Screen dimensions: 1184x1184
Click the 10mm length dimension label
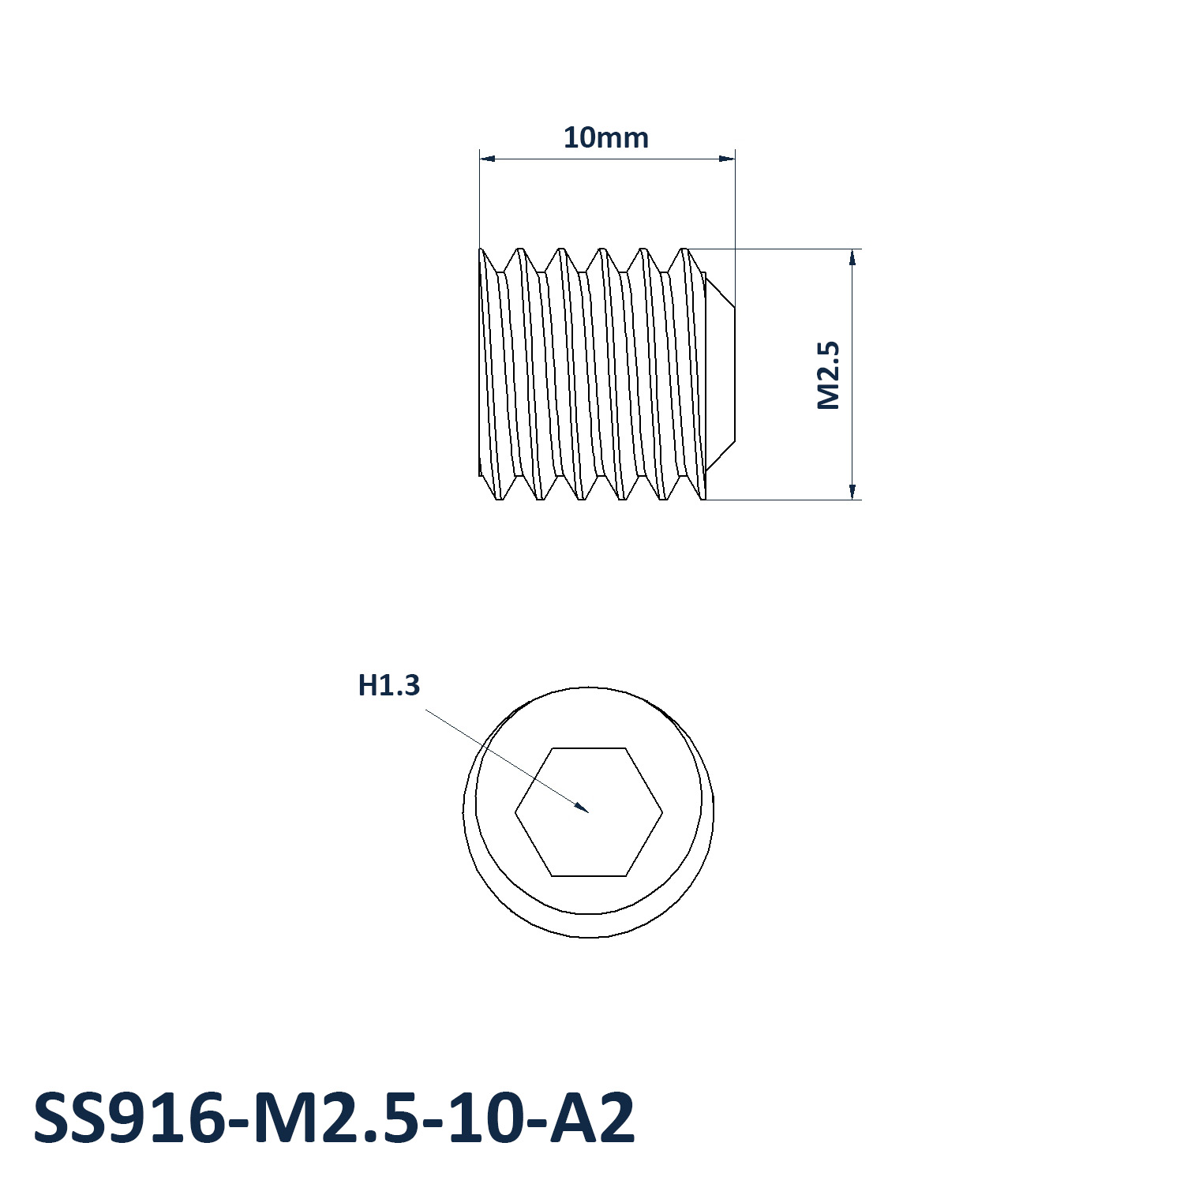point(605,137)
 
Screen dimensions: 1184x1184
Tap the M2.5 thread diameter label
point(828,375)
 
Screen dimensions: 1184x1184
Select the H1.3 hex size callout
point(388,685)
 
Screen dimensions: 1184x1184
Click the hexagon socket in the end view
point(589,811)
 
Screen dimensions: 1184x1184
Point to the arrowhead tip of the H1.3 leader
point(589,811)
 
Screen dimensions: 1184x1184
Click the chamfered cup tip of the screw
point(720,375)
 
